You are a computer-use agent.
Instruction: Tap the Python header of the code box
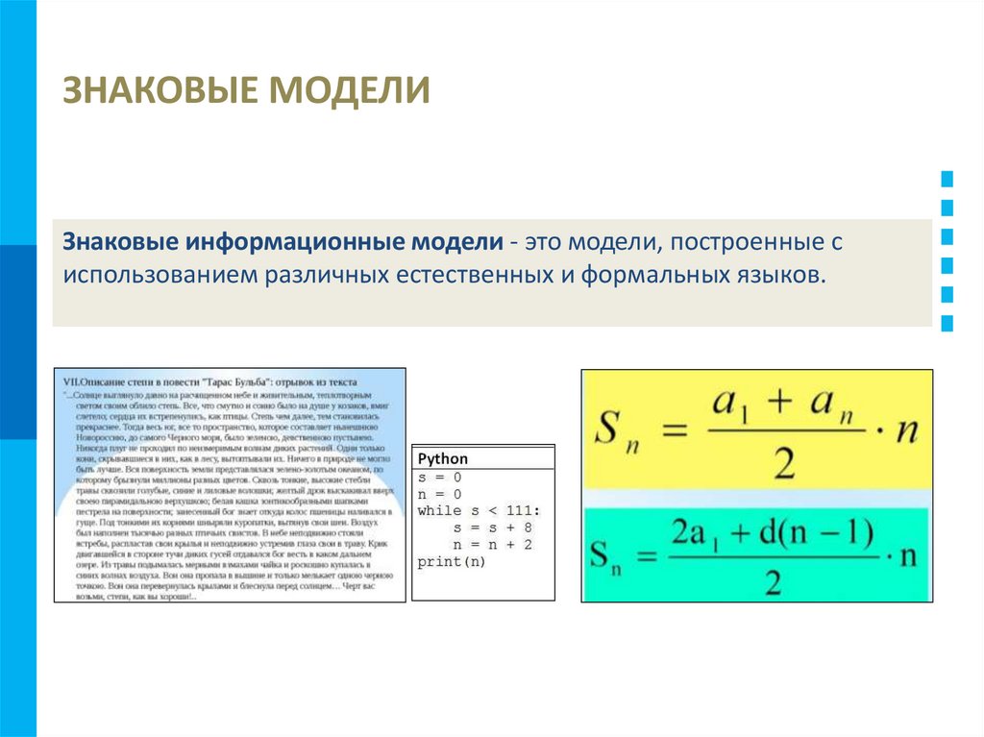pos(443,459)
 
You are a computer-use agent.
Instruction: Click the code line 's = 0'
pos(440,477)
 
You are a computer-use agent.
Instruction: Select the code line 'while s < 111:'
pos(479,511)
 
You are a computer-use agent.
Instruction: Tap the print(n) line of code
pos(452,562)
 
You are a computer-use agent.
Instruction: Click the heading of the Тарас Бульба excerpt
pos(209,381)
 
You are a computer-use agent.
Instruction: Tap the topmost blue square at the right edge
pos(947,178)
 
